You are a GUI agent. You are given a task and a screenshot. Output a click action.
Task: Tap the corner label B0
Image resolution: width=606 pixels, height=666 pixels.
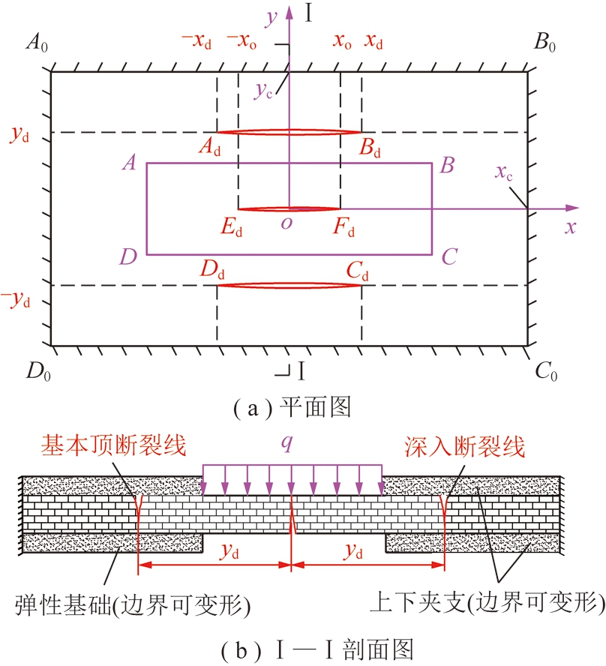coord(545,43)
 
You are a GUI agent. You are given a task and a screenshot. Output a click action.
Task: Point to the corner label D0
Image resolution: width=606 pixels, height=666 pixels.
coord(37,370)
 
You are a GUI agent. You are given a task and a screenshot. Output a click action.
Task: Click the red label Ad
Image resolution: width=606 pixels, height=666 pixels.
coord(210,150)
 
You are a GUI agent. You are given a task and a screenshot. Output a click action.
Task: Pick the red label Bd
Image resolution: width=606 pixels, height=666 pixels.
coord(370,150)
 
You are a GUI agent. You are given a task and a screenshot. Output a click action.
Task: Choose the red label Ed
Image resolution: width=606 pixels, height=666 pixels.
coord(232,227)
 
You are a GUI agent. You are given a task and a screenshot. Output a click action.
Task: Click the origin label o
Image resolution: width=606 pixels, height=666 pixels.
coord(286,225)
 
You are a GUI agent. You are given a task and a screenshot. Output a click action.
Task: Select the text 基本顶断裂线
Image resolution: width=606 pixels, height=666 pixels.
coord(113,448)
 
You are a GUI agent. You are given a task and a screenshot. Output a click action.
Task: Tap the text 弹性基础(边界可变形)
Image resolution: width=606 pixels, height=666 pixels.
coord(132,602)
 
